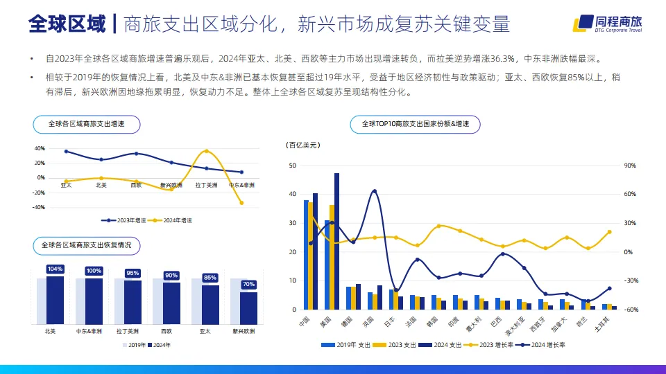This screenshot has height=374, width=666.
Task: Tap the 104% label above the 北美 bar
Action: coord(55,269)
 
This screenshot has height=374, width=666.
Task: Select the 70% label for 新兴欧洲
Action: coord(248,284)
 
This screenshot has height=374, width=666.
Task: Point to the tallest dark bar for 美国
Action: coord(337,241)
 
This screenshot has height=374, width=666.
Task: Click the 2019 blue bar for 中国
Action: coord(306,254)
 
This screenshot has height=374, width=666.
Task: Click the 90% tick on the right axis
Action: coord(630,166)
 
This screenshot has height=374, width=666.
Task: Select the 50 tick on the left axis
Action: coord(293,166)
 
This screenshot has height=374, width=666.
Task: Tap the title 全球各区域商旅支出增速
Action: coord(86,124)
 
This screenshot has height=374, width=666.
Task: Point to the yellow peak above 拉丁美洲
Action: coord(206,150)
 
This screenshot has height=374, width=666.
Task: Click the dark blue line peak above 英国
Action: coord(375,190)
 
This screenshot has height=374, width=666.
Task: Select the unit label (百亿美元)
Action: coord(303,145)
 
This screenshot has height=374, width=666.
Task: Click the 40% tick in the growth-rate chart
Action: coord(40,148)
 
